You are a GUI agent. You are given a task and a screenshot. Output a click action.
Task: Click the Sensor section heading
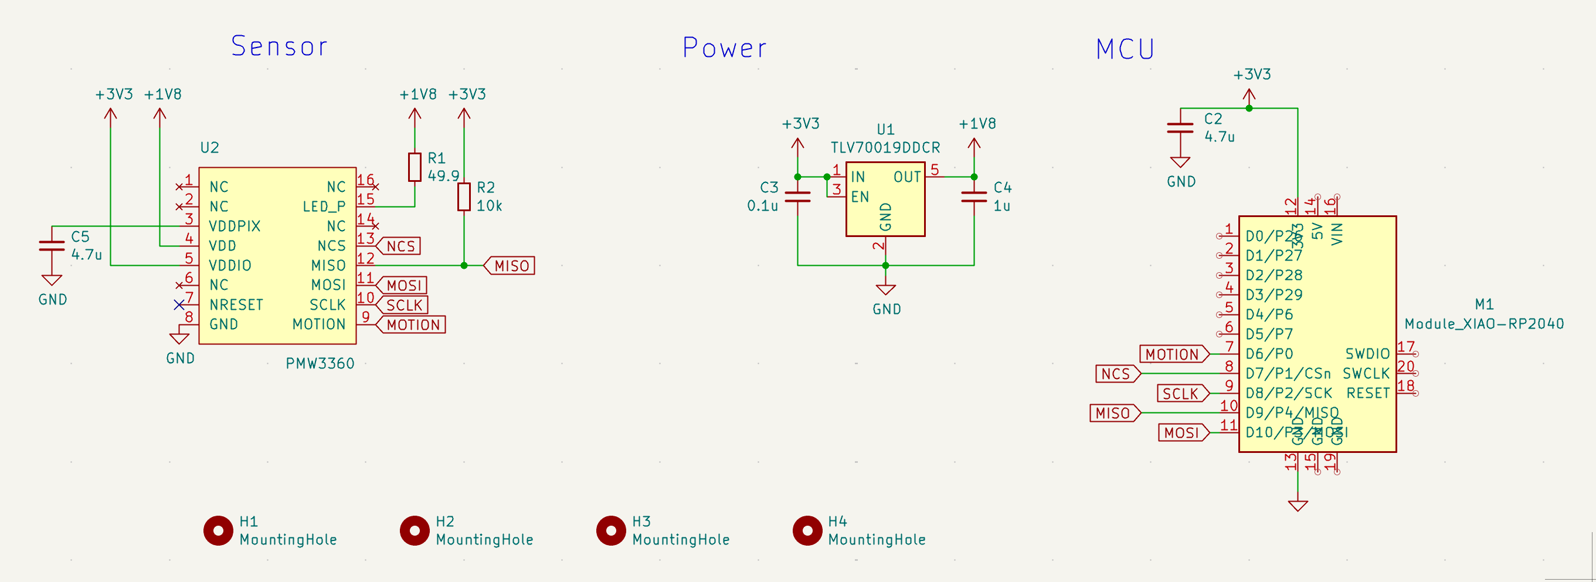pyautogui.click(x=279, y=46)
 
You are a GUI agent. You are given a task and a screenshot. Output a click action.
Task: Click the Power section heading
pyautogui.click(x=724, y=48)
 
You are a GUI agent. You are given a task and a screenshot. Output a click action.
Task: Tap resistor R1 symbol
pyautogui.click(x=415, y=167)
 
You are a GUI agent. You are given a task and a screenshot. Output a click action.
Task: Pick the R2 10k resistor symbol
pyautogui.click(x=463, y=197)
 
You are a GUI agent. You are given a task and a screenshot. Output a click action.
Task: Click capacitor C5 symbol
pyautogui.click(x=52, y=246)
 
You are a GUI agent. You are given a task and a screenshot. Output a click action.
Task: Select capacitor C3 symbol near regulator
pyautogui.click(x=797, y=197)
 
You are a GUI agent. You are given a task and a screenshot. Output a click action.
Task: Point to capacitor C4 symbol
pyautogui.click(x=973, y=197)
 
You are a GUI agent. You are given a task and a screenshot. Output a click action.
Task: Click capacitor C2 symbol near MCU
pyautogui.click(x=1180, y=128)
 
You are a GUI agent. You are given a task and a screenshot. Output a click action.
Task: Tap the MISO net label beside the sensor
pyautogui.click(x=511, y=266)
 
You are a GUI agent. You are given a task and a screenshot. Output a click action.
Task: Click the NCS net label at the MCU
pyautogui.click(x=1116, y=374)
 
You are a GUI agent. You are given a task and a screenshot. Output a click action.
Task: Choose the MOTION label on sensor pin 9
pyautogui.click(x=413, y=325)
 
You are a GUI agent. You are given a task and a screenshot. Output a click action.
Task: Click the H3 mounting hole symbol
pyautogui.click(x=611, y=530)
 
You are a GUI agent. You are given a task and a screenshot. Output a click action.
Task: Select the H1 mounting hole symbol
pyautogui.click(x=218, y=530)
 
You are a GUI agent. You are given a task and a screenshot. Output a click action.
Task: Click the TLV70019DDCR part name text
pyautogui.click(x=885, y=147)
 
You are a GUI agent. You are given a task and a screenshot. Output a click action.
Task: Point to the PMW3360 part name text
pyautogui.click(x=320, y=364)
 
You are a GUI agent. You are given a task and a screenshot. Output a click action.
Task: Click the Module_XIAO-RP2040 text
pyautogui.click(x=1484, y=323)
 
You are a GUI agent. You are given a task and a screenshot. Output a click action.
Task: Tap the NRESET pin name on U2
pyautogui.click(x=236, y=305)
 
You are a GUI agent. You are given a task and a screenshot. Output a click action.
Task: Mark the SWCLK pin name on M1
pyautogui.click(x=1366, y=374)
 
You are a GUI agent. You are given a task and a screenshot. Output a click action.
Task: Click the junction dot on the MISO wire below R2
pyautogui.click(x=463, y=266)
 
